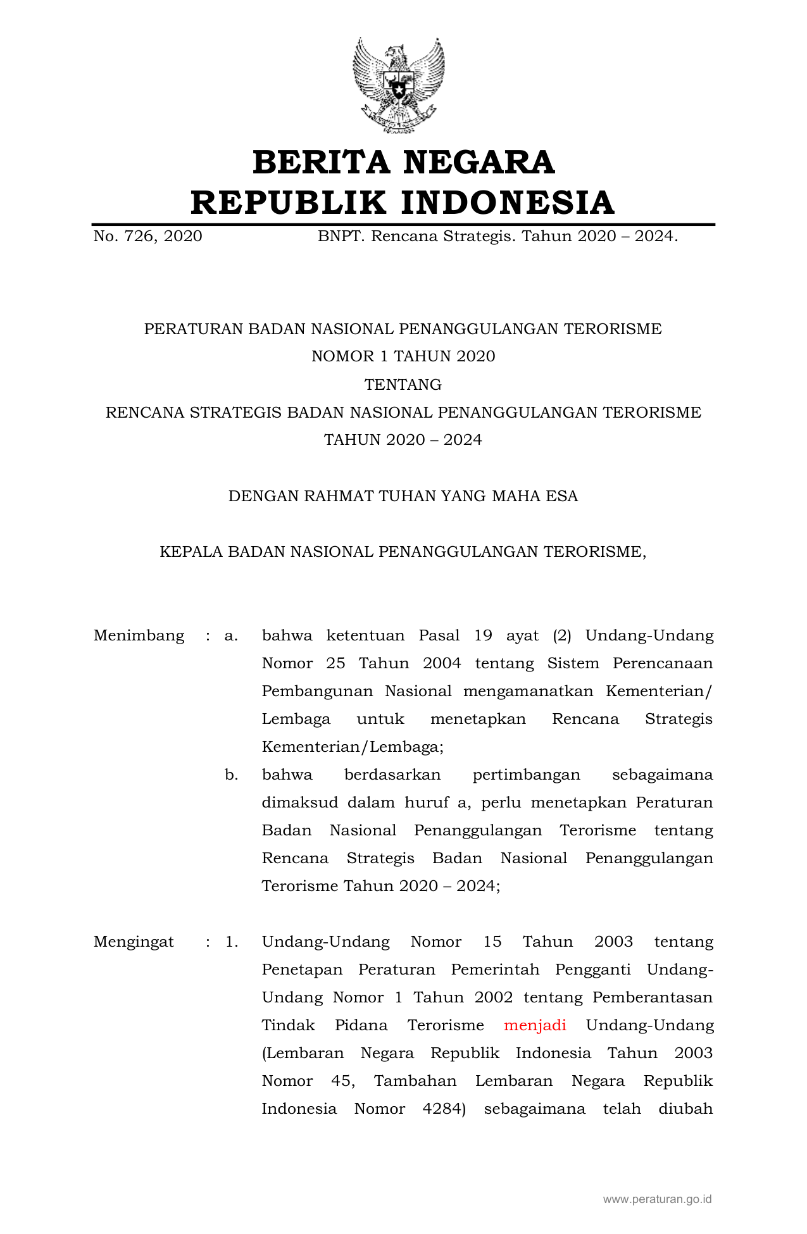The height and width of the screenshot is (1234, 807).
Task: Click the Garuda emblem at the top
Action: tap(399, 84)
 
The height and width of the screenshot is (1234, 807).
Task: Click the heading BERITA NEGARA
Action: tap(403, 162)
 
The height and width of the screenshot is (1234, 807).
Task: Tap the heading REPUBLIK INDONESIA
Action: tap(403, 203)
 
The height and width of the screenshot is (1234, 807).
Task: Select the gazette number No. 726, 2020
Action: tap(147, 237)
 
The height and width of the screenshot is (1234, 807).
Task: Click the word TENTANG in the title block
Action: tap(403, 385)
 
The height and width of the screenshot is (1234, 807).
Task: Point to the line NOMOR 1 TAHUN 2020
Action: tap(403, 357)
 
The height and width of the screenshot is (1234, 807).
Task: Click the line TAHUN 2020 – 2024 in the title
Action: tap(403, 440)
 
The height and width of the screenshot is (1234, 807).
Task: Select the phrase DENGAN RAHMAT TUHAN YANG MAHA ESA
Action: tap(403, 496)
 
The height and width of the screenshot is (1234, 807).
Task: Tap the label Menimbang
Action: tap(139, 635)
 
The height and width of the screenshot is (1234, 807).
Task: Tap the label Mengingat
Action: tap(134, 942)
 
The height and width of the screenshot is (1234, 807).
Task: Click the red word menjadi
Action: tap(535, 1025)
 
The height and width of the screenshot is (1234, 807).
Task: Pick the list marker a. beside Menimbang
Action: tap(231, 635)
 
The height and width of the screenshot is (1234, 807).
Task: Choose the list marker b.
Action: tap(231, 775)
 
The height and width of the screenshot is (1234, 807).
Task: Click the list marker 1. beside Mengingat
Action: tap(232, 942)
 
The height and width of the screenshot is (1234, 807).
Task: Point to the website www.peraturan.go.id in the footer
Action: tap(657, 1199)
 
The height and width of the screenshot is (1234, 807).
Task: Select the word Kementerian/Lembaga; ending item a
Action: tap(353, 747)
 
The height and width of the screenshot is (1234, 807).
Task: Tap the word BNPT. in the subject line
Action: tap(341, 237)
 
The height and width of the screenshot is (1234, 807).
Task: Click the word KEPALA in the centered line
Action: tap(191, 552)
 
